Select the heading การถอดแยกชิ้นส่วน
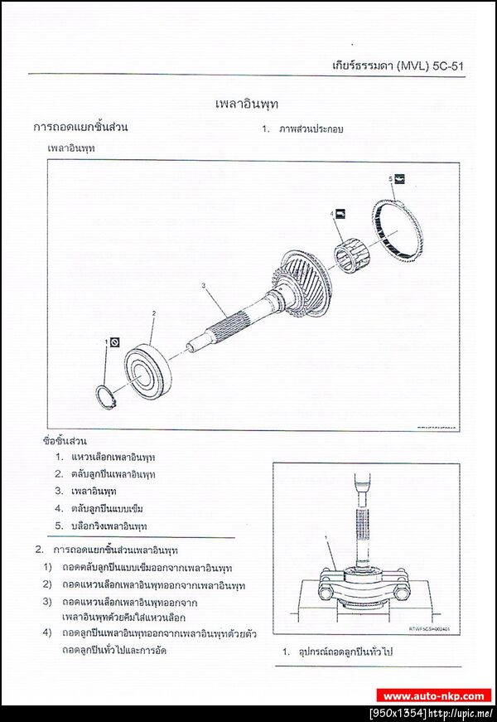(x=80, y=128)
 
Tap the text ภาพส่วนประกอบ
(x=311, y=129)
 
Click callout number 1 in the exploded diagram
(x=107, y=341)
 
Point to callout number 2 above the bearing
(x=153, y=313)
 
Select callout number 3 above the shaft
(x=203, y=286)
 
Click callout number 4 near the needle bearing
(x=332, y=214)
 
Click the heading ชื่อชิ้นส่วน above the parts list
(x=64, y=440)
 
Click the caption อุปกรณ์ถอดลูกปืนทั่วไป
(x=348, y=652)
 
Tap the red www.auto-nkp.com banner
(x=433, y=696)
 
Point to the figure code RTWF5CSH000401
(x=428, y=629)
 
